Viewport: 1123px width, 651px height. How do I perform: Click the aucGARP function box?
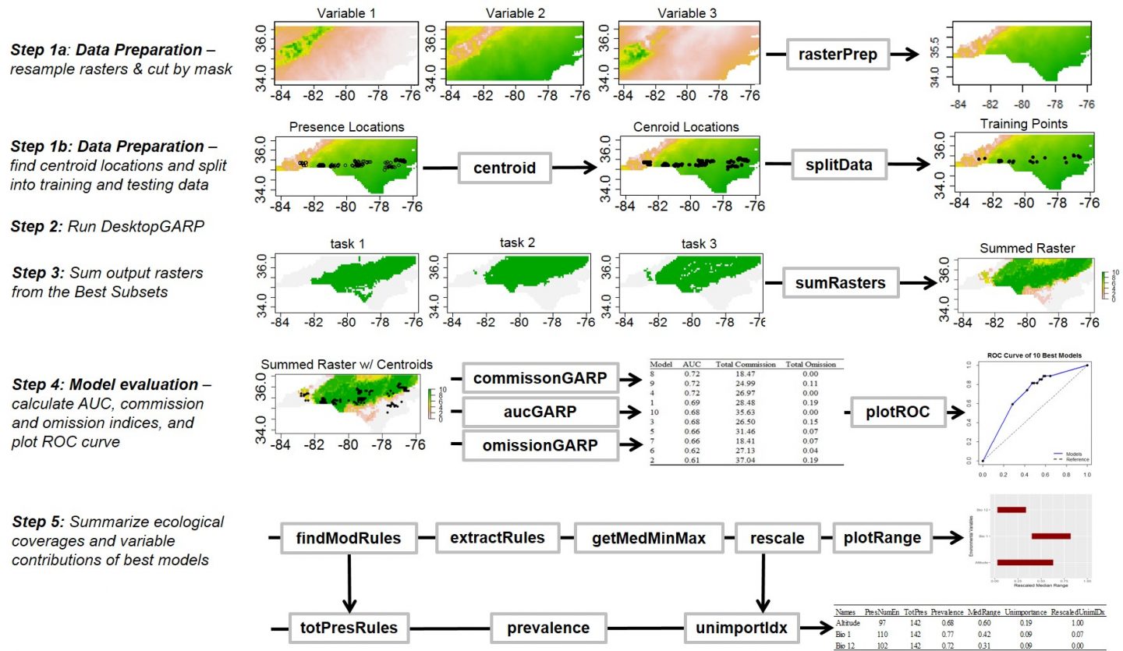539,412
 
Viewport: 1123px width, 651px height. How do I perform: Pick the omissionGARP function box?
539,447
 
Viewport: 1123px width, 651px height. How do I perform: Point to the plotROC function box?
900,411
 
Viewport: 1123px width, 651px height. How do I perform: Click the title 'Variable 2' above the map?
509,12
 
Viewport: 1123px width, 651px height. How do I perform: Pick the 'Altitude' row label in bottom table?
848,624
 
